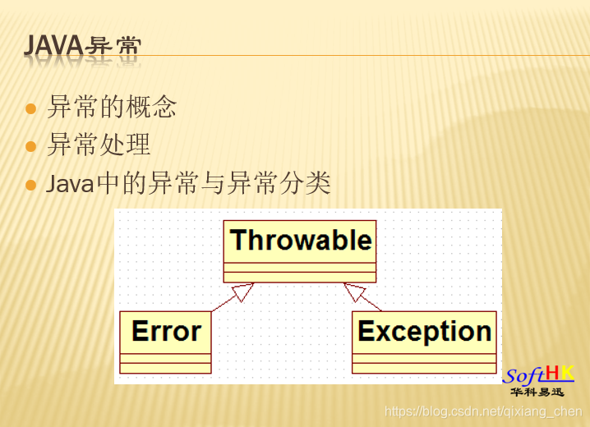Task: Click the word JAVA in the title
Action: [x=53, y=46]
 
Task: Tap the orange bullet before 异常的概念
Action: [x=31, y=108]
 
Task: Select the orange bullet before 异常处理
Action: [x=31, y=146]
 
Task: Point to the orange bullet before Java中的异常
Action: [x=31, y=185]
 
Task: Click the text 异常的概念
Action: [x=112, y=107]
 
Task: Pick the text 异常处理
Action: [x=99, y=145]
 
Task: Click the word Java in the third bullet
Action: [x=71, y=184]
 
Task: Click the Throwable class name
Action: [x=300, y=241]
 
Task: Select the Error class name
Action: [x=166, y=332]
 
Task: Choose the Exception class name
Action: [x=424, y=332]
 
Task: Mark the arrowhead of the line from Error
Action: [x=242, y=292]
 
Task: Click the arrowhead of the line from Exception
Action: [x=354, y=292]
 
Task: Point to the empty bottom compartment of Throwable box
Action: [x=300, y=277]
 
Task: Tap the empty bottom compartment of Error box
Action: [x=165, y=368]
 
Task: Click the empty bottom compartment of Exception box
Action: [x=424, y=368]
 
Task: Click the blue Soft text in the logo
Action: [x=523, y=377]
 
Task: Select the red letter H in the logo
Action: [x=553, y=374]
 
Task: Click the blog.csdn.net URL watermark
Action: [x=483, y=411]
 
